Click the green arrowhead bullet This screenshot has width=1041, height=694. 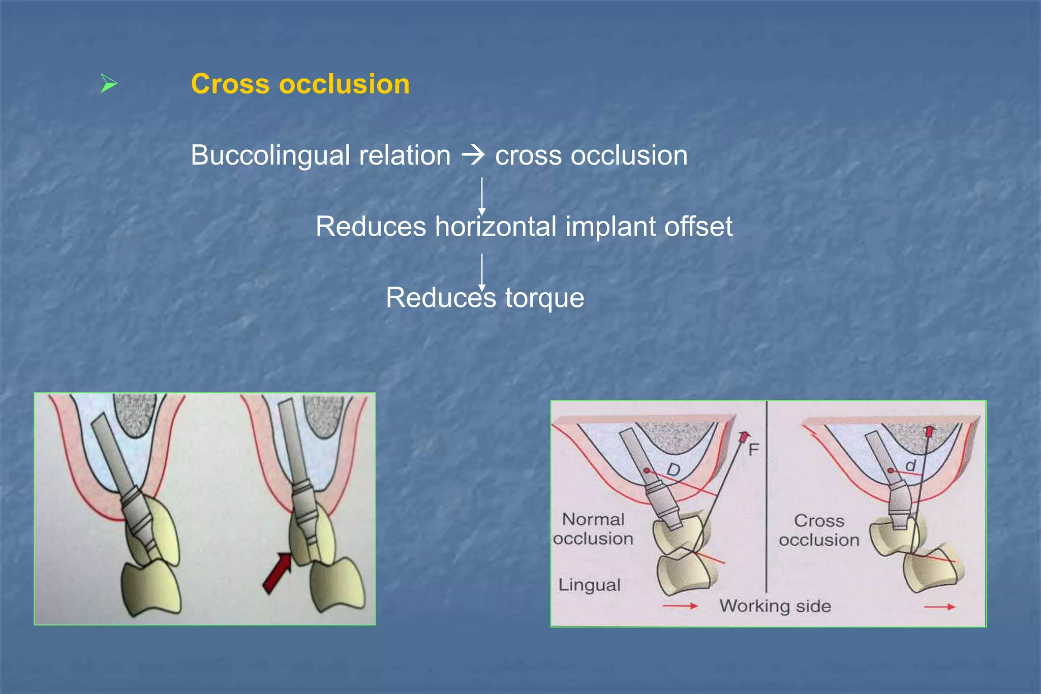pos(108,83)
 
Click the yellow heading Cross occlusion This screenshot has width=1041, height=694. pos(300,84)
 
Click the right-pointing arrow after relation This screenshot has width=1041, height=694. pos(473,155)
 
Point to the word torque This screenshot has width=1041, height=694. pos(544,298)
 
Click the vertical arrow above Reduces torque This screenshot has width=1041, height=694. pos(482,272)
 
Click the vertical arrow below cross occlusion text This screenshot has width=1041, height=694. pos(482,196)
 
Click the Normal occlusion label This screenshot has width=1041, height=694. pos(593,529)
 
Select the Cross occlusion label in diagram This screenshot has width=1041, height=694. pos(819,530)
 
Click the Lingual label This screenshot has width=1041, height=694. pos(589,585)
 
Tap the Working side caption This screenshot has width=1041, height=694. pos(775,606)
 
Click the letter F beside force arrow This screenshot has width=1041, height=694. pos(753,449)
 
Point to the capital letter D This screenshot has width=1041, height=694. pos(673,470)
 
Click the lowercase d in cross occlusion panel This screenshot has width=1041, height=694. pos(910,465)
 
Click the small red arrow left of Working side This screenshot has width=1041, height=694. pos(681,606)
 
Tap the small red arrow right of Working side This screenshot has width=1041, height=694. pos(940,607)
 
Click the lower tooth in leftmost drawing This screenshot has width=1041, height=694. pos(151,589)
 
